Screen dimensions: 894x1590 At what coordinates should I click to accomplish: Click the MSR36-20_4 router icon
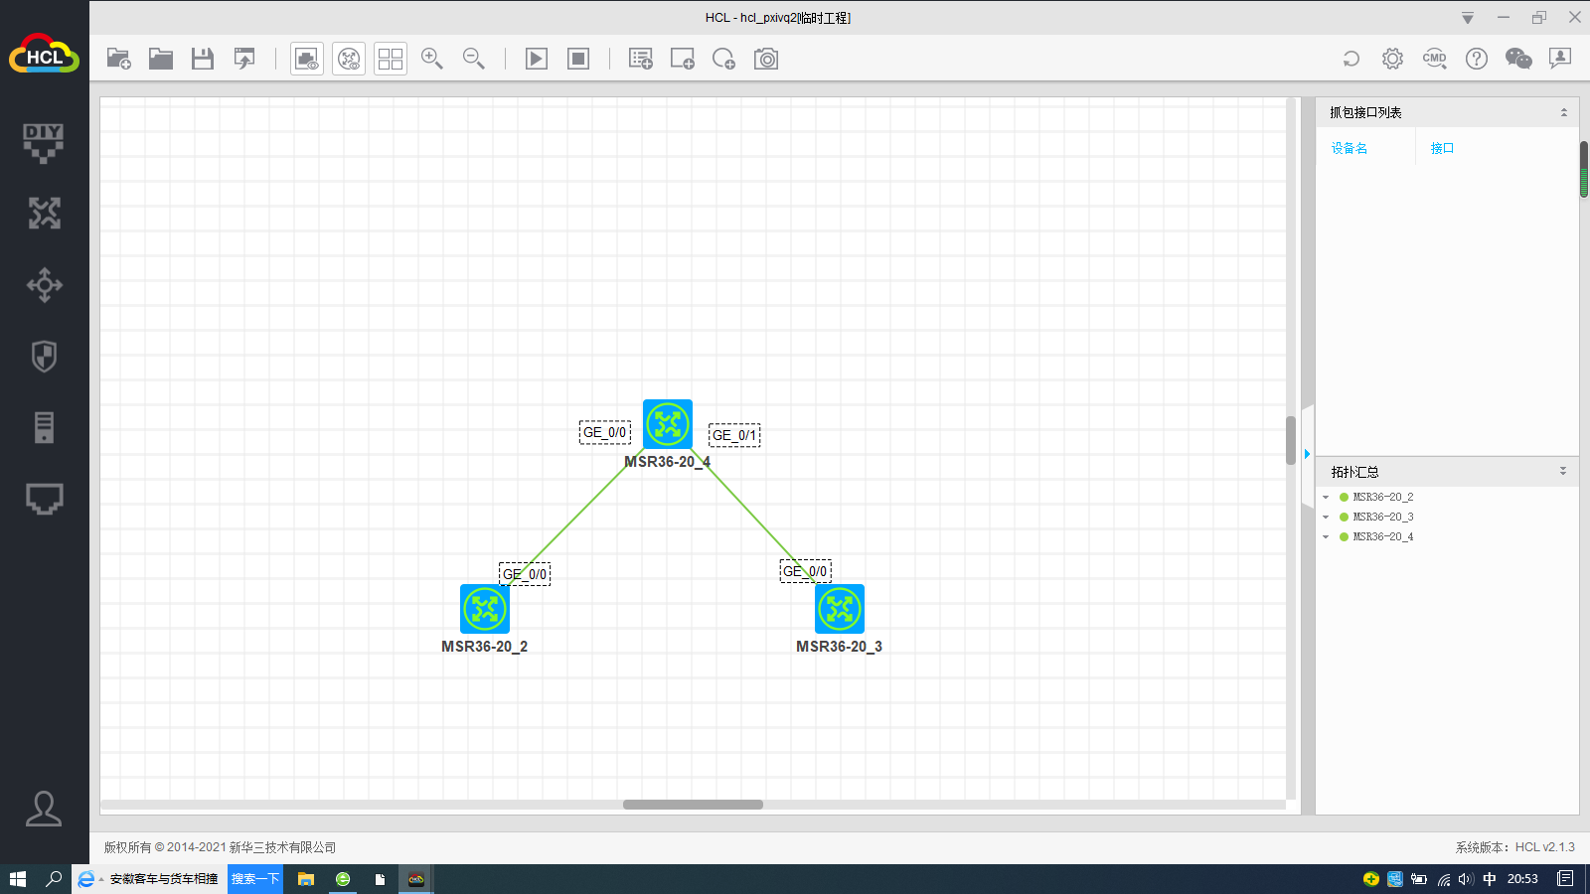(x=667, y=424)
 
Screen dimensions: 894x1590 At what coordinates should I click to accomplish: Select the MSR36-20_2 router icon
(x=485, y=609)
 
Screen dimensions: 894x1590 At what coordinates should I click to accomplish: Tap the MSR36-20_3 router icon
(x=840, y=609)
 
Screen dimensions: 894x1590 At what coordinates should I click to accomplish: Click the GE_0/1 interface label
(x=734, y=435)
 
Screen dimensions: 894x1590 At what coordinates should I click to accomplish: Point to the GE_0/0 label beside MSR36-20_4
(x=604, y=432)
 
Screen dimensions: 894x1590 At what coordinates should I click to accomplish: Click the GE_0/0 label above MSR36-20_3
(x=805, y=571)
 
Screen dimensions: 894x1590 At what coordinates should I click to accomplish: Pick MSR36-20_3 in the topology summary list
(x=1382, y=517)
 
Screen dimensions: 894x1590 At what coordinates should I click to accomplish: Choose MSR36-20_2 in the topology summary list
(x=1382, y=497)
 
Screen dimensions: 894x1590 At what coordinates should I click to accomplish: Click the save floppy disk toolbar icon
(x=203, y=59)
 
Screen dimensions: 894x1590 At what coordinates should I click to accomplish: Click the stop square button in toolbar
(x=578, y=59)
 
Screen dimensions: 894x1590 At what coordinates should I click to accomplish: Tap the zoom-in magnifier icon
(x=432, y=59)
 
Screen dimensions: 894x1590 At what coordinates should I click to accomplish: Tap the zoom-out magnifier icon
(x=474, y=59)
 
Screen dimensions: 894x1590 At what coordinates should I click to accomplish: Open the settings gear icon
(x=1392, y=59)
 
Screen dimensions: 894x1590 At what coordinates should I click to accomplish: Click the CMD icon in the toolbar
(x=1434, y=59)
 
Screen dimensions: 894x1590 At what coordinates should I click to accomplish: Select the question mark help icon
(x=1477, y=59)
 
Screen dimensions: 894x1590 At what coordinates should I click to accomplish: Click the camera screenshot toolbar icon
(x=766, y=59)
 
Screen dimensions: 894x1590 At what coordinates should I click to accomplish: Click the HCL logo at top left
(x=44, y=56)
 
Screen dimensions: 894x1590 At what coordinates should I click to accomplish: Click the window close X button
(x=1575, y=17)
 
